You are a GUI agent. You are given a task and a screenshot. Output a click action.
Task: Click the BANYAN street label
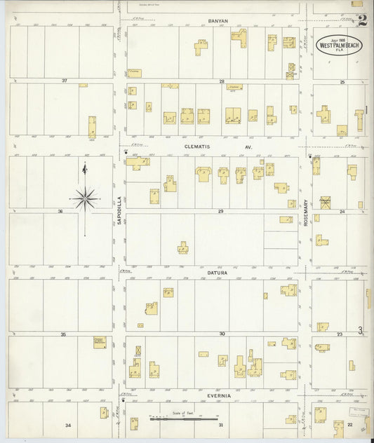(219, 21)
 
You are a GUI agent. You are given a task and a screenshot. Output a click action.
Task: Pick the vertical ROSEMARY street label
(306, 210)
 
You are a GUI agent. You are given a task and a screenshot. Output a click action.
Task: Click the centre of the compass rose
(85, 198)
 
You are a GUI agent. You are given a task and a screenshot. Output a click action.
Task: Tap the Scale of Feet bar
(182, 419)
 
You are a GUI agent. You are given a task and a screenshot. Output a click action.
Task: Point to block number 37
(65, 81)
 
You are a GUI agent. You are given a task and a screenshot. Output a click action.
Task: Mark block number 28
(220, 81)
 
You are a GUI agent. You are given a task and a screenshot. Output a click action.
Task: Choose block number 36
(61, 211)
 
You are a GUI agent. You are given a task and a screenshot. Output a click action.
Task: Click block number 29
(220, 211)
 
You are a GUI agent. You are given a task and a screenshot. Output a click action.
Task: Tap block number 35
(63, 334)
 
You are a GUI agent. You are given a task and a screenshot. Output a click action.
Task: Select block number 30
(221, 334)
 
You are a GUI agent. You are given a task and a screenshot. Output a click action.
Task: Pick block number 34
(68, 425)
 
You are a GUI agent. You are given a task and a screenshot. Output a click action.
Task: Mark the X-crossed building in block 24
(325, 202)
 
